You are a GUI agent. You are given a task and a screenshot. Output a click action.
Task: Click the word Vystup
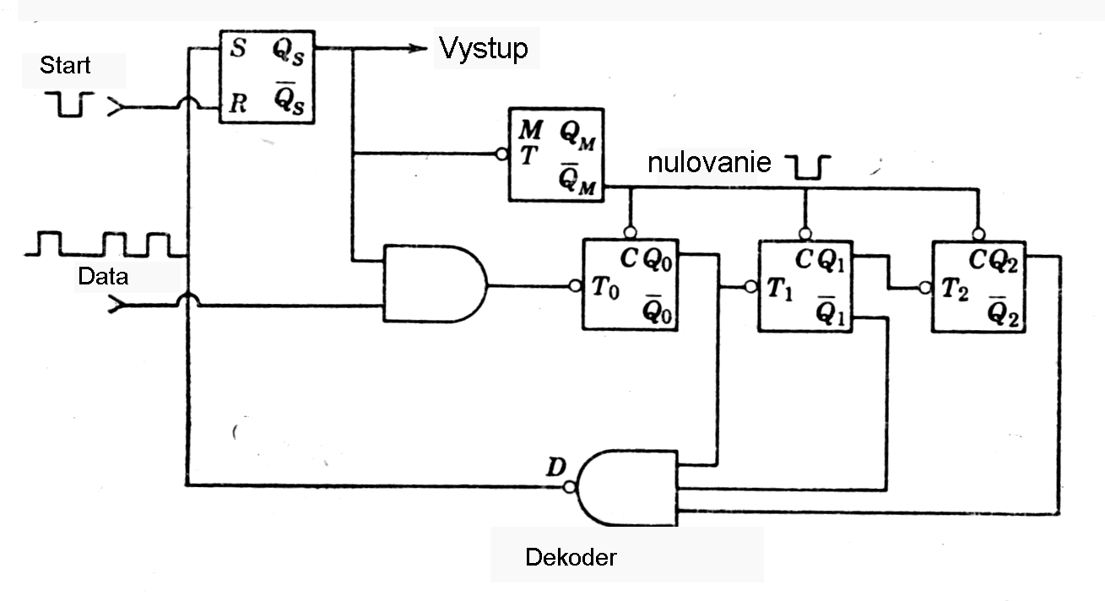[483, 48]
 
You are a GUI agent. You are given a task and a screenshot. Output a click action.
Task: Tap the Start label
[64, 65]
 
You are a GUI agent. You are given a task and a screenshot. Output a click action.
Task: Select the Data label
[103, 276]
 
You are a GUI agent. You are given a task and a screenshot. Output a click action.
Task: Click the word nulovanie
[709, 162]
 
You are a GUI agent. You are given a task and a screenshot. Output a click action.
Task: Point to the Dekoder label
[571, 557]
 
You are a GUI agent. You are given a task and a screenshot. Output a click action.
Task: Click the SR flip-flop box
[267, 77]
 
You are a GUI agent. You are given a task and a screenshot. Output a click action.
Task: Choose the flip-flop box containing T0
[630, 285]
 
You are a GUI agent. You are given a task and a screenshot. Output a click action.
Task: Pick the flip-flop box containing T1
[805, 285]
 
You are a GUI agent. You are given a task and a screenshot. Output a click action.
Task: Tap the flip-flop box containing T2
[979, 285]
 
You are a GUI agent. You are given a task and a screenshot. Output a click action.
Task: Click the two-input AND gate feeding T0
[433, 284]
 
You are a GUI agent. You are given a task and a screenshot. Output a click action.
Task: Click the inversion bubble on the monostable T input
[501, 154]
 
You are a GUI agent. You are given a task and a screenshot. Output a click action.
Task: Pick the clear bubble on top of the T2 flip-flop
[978, 234]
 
